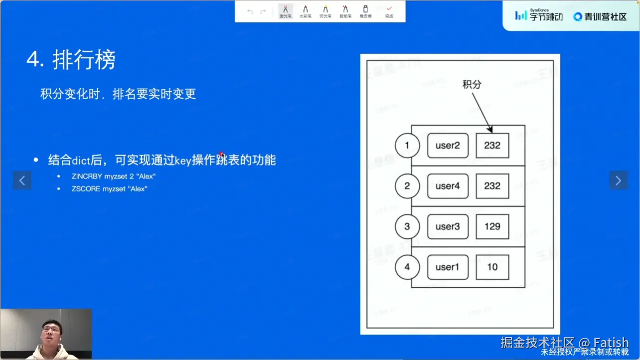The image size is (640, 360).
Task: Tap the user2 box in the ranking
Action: click(x=448, y=146)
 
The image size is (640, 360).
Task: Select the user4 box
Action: click(x=448, y=186)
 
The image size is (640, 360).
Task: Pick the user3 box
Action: click(x=448, y=226)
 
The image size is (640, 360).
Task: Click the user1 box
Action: click(x=448, y=267)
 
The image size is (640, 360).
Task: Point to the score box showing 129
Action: click(x=492, y=226)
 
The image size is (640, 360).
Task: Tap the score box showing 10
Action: click(x=492, y=267)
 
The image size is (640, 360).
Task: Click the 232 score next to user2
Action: click(x=492, y=146)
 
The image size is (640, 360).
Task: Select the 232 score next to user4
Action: click(x=492, y=186)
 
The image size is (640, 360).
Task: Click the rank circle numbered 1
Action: click(x=407, y=146)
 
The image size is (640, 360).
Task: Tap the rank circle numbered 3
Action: click(x=407, y=226)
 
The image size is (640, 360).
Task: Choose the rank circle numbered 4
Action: click(x=407, y=267)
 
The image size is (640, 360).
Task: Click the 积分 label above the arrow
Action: click(x=472, y=84)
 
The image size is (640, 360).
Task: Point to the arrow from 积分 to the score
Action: click(x=481, y=112)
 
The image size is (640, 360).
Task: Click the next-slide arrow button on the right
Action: click(x=618, y=180)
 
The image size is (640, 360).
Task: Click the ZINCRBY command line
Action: click(x=114, y=177)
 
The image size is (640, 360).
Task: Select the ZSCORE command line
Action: click(x=110, y=189)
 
